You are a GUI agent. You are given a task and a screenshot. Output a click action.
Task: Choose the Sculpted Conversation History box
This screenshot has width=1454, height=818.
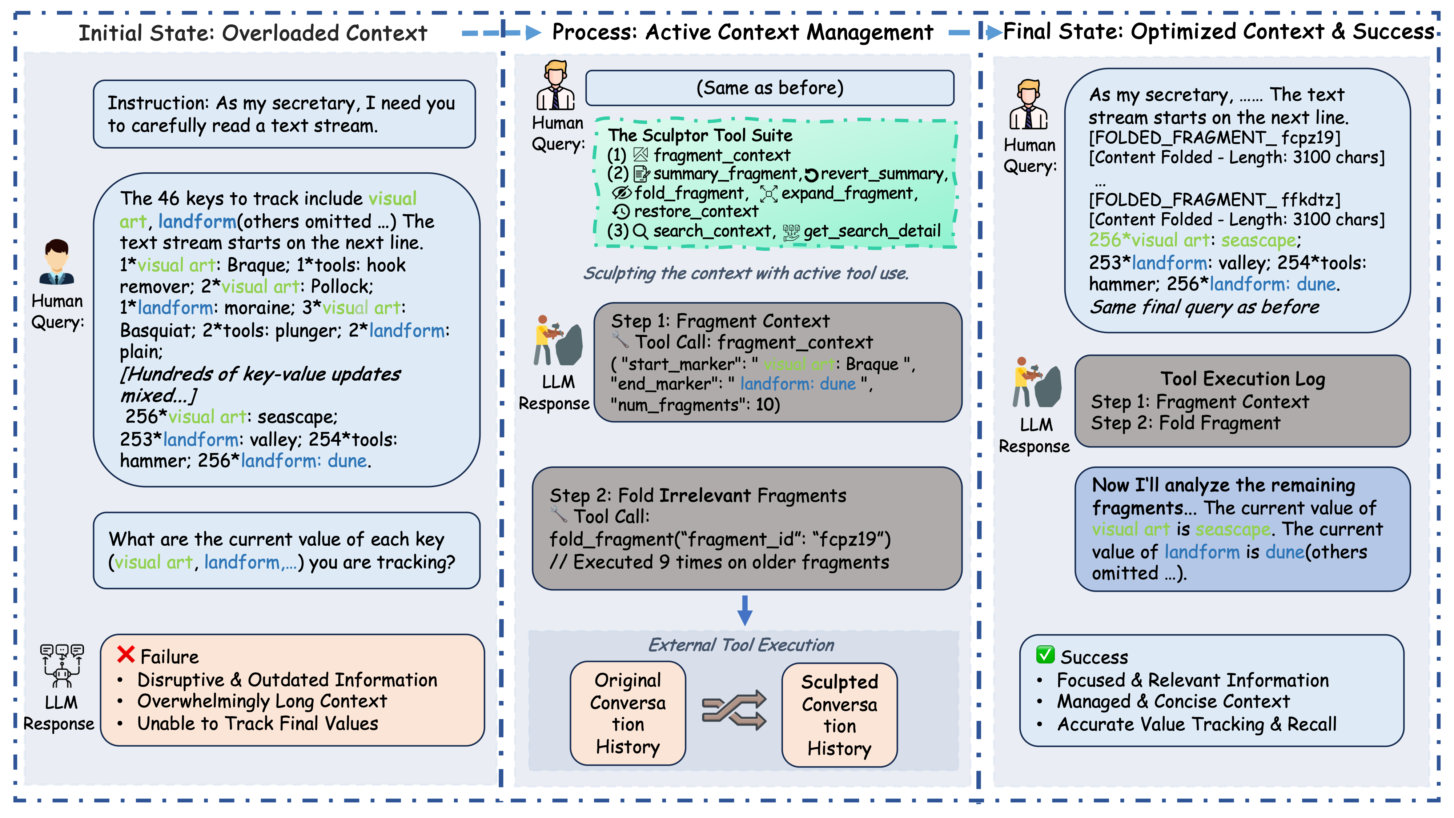[839, 715]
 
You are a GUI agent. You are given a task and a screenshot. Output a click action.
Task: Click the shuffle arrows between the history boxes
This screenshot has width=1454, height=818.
[734, 710]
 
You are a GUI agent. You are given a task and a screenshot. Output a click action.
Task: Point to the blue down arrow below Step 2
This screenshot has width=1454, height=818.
[745, 610]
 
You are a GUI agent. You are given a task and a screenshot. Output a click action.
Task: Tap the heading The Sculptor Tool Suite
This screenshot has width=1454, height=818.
[700, 136]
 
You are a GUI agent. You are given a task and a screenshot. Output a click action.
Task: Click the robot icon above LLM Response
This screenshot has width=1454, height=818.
[61, 666]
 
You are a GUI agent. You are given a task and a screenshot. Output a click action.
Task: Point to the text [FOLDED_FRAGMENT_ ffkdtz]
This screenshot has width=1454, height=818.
[1214, 200]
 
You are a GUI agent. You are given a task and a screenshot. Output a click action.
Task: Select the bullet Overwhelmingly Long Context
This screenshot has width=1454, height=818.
[262, 701]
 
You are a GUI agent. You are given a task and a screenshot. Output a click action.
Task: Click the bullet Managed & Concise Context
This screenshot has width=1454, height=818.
[1173, 701]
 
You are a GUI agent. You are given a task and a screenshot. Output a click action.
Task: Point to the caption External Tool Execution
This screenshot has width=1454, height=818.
[740, 645]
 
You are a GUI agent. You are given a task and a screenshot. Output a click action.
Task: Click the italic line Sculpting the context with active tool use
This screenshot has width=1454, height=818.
[746, 273]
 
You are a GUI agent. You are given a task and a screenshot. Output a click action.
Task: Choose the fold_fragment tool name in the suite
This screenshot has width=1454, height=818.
[688, 193]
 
